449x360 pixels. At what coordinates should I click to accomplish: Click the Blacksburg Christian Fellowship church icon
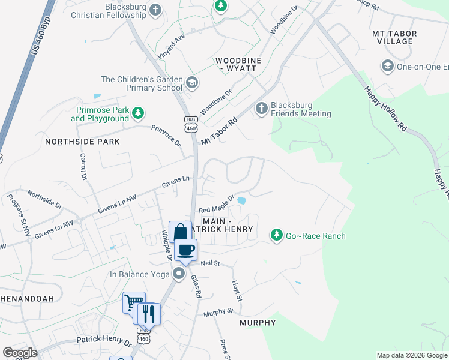point(155,10)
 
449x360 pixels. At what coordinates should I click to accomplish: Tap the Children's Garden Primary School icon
point(192,82)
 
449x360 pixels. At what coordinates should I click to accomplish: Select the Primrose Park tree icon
point(139,113)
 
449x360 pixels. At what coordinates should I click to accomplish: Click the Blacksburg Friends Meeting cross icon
point(261,108)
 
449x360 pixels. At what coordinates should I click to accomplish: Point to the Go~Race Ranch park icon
point(277,235)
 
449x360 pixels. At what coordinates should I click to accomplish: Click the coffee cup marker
point(185,249)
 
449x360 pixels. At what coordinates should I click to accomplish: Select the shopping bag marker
point(179,232)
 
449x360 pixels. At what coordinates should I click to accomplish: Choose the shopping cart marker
point(133,302)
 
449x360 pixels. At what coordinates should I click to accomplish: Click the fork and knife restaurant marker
point(149,313)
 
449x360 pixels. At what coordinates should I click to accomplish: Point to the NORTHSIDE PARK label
point(82,142)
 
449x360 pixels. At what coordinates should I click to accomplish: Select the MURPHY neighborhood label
point(258,323)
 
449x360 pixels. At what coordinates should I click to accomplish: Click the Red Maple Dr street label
point(215,207)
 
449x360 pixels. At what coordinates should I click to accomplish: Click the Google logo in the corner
point(20,353)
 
